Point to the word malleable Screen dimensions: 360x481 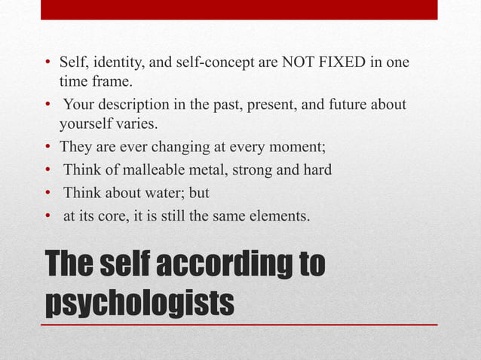tap(149, 170)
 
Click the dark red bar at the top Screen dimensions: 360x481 tap(239, 9)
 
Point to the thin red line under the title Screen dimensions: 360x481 tap(239, 324)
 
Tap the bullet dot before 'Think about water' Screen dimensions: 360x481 tap(48, 194)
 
